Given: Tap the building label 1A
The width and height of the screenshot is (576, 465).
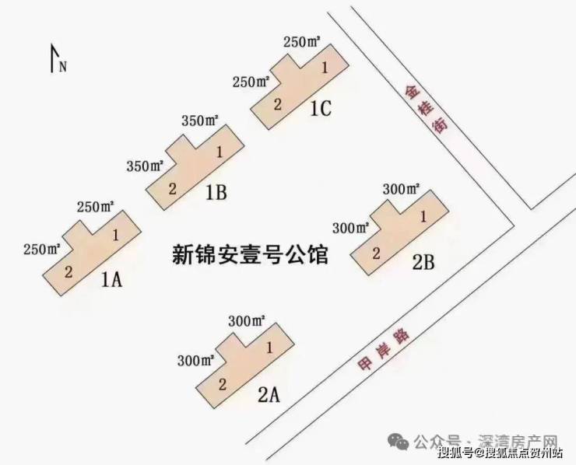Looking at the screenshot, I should (x=112, y=280).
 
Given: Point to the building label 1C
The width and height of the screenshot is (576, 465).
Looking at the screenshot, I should (x=320, y=109).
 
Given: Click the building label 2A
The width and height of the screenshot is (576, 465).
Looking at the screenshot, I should (x=268, y=394).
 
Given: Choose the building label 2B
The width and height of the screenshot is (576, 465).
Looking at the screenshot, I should (x=423, y=262).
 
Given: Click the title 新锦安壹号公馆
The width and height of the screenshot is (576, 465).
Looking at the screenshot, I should (x=250, y=255).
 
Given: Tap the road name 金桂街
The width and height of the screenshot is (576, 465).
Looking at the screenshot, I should (x=427, y=109).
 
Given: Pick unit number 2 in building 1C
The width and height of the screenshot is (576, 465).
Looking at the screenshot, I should (x=276, y=104).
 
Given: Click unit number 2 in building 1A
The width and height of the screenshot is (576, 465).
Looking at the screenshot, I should (x=68, y=271).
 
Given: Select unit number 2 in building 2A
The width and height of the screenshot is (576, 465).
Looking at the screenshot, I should (x=223, y=383).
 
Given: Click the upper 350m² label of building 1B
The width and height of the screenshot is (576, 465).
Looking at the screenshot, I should (x=200, y=121).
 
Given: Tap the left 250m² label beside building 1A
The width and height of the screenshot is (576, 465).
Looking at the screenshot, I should (x=42, y=250).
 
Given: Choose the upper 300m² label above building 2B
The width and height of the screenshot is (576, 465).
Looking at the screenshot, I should (x=402, y=189).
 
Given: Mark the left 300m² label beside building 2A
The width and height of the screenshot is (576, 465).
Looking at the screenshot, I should (x=196, y=361).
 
